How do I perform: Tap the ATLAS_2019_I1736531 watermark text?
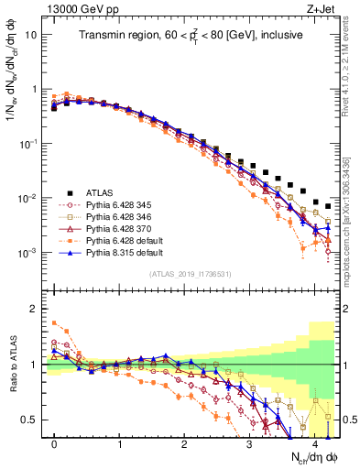191,274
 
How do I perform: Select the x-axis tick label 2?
184,444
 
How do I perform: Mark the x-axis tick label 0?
54,444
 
